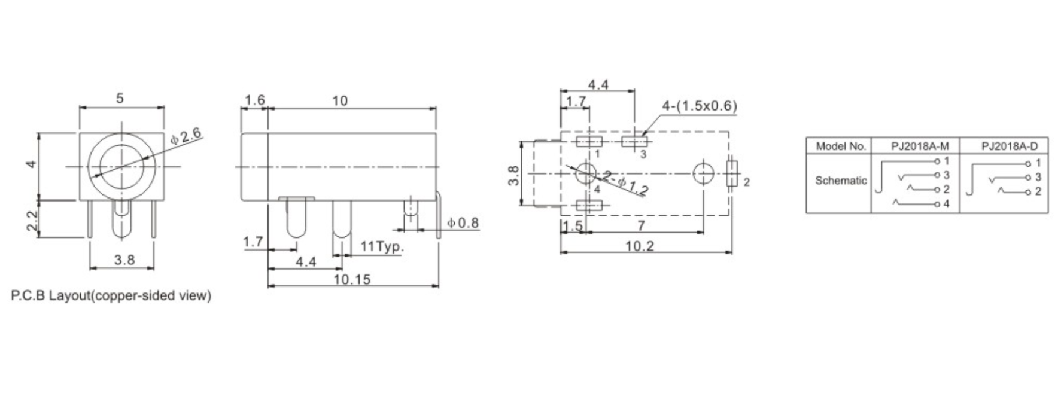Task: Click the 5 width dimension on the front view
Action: coord(120,99)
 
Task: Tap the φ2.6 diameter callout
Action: coord(186,136)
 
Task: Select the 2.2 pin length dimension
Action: coord(33,219)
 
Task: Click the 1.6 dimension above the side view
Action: coord(254,100)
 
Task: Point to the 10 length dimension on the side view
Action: coord(339,101)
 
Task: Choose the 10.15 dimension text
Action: coord(352,279)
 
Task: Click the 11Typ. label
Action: coord(382,246)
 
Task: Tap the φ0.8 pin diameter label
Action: coord(463,223)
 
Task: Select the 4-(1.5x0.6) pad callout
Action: coord(699,106)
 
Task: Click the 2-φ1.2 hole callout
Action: coord(625,184)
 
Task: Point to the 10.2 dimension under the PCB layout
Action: coord(640,246)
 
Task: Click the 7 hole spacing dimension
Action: coord(641,225)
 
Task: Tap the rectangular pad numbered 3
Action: coord(635,142)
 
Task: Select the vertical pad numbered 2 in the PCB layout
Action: coord(732,174)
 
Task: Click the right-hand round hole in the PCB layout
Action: coord(703,173)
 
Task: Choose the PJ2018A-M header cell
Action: coord(915,146)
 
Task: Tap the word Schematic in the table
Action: coord(840,181)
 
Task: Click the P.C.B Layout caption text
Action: coord(111,296)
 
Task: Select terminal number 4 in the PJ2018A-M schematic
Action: coord(946,204)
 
